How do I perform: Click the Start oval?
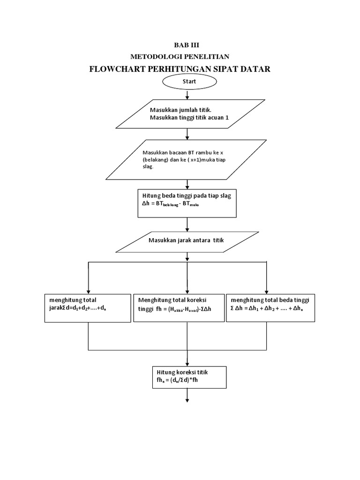tap(189, 82)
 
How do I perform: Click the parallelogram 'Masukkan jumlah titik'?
tap(190, 113)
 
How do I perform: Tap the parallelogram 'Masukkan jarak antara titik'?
tap(187, 240)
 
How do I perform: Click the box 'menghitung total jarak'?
tap(88, 308)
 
